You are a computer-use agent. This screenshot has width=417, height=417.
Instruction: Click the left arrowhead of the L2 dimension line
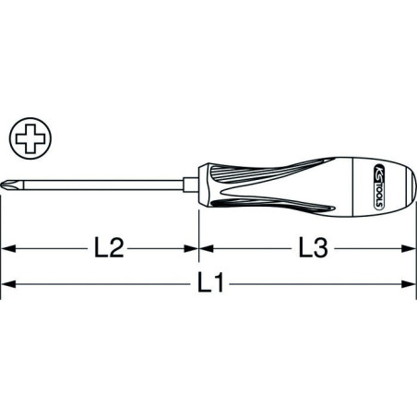tap(7, 248)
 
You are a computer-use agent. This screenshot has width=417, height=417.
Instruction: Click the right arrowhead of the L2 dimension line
tap(192, 248)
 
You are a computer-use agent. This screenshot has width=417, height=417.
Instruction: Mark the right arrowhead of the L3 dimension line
tap(410, 248)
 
